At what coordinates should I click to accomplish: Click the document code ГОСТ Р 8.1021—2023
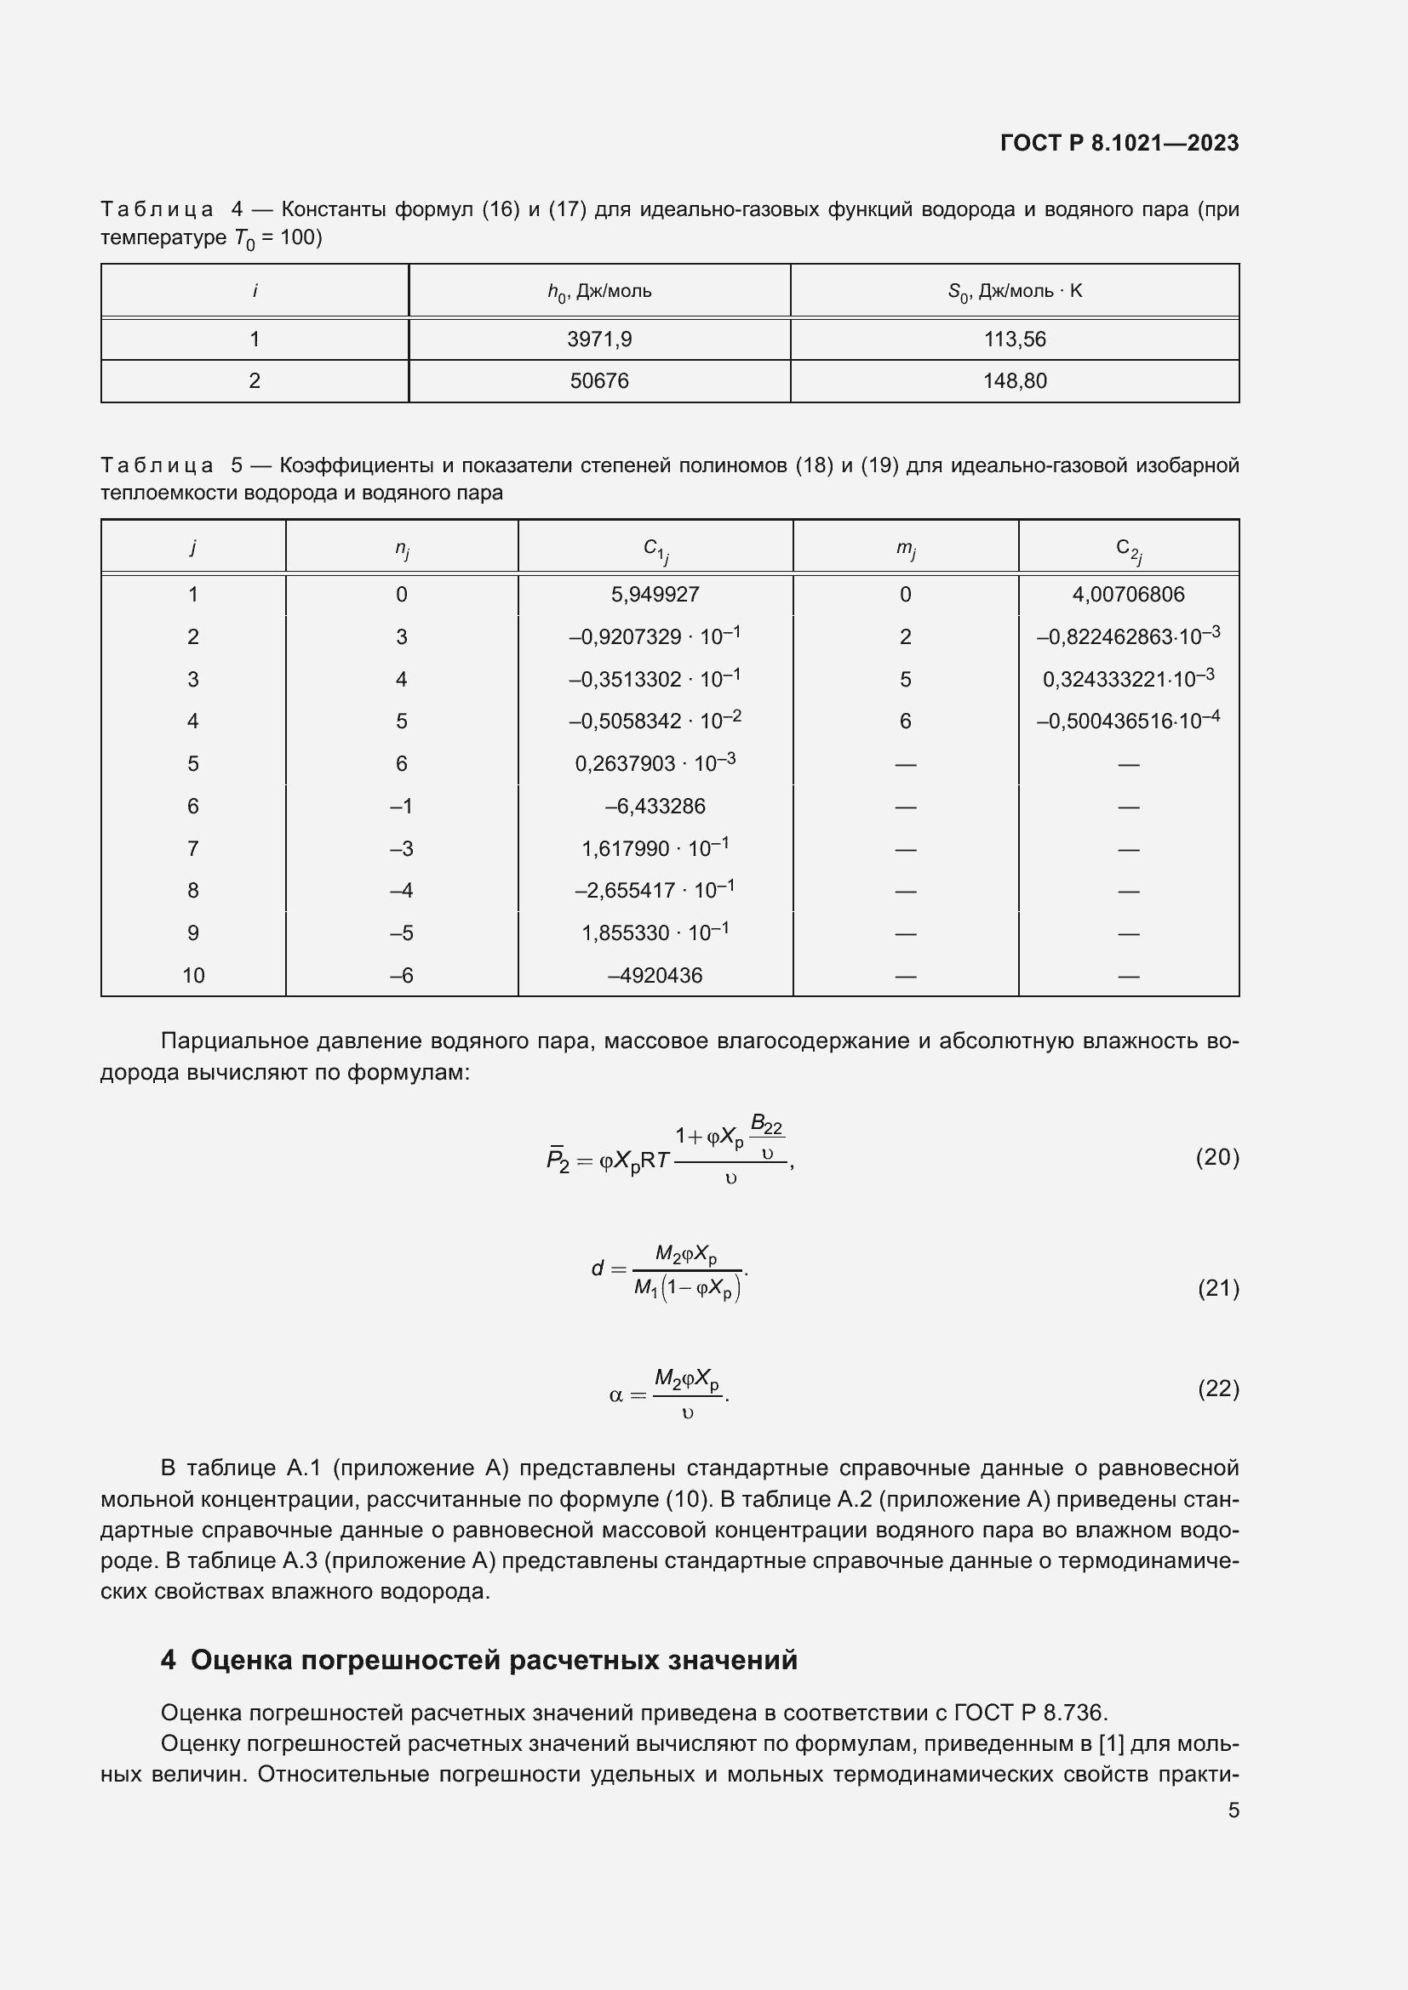tap(1119, 143)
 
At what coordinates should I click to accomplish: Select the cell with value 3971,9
tap(599, 339)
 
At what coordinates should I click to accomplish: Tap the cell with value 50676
tap(599, 380)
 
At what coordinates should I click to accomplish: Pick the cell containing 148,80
tap(1015, 380)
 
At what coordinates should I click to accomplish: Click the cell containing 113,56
tap(1015, 339)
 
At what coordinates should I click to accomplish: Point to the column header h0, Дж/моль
tap(599, 291)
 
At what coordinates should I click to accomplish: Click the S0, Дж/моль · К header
tap(1015, 291)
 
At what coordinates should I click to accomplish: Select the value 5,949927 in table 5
tap(655, 595)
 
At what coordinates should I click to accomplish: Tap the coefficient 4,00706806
tap(1128, 595)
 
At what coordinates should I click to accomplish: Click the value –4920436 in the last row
tap(655, 975)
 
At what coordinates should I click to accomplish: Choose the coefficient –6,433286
tap(655, 806)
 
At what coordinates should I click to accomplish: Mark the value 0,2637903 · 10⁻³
tap(655, 763)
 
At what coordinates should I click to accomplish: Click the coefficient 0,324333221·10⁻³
tap(1128, 679)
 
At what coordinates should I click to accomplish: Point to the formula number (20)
tap(1217, 1157)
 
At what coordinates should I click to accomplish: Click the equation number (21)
tap(1218, 1289)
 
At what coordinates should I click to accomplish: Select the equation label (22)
tap(1218, 1388)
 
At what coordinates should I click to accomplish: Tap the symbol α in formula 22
tap(615, 1396)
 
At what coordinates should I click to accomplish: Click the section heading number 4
tap(169, 1660)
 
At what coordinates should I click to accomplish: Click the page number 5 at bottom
tap(1233, 1810)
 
